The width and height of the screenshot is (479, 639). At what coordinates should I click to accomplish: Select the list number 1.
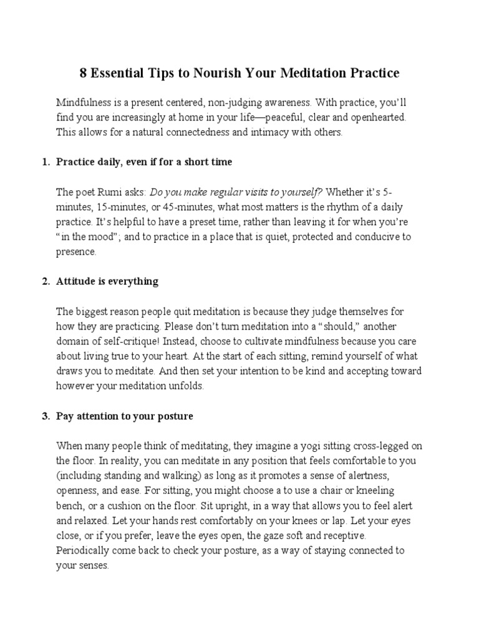(46, 162)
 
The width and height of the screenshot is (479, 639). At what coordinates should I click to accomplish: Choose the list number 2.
(46, 281)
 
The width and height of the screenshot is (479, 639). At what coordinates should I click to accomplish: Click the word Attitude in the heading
(76, 281)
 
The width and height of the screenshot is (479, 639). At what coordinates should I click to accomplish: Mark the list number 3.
(46, 416)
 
